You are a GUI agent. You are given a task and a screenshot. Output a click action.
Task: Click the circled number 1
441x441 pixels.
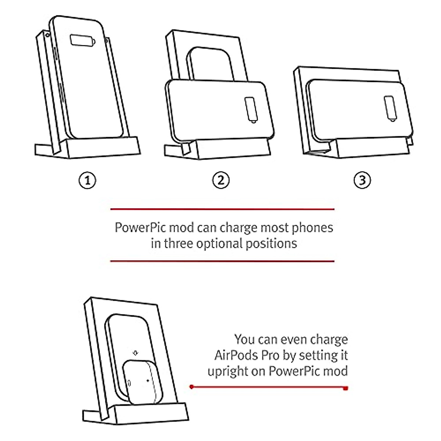click(x=87, y=180)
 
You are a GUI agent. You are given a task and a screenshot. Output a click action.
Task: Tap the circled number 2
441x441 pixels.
click(x=220, y=180)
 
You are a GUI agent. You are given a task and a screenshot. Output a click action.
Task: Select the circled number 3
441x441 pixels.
click(x=362, y=180)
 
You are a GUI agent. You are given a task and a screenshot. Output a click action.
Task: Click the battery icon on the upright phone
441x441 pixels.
click(x=83, y=40)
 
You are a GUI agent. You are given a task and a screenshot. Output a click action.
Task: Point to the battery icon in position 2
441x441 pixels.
click(x=251, y=109)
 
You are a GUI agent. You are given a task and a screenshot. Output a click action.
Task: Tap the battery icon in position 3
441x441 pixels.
click(x=390, y=108)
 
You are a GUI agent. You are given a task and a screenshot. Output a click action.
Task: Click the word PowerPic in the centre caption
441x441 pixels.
click(x=136, y=228)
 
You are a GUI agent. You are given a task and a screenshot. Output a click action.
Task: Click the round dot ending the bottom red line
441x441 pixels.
click(x=191, y=387)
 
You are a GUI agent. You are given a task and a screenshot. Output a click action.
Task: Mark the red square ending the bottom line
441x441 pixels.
click(x=345, y=388)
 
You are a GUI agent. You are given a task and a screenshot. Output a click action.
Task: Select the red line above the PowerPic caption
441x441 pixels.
click(x=222, y=209)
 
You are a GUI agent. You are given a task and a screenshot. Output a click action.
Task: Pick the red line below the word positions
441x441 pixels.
click(x=222, y=261)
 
